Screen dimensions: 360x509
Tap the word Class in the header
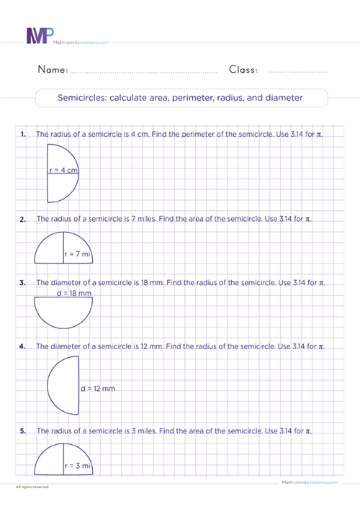click(x=243, y=70)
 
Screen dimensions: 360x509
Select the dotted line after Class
click(x=297, y=72)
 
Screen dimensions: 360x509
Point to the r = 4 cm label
click(x=63, y=171)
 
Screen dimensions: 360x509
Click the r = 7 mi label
click(x=78, y=254)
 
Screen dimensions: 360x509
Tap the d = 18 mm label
click(x=74, y=294)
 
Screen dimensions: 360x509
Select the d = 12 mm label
click(x=98, y=389)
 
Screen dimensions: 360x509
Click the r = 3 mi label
click(x=78, y=466)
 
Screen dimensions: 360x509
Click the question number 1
click(x=24, y=135)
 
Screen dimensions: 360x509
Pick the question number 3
click(x=24, y=283)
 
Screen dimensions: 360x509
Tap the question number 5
click(x=24, y=431)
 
